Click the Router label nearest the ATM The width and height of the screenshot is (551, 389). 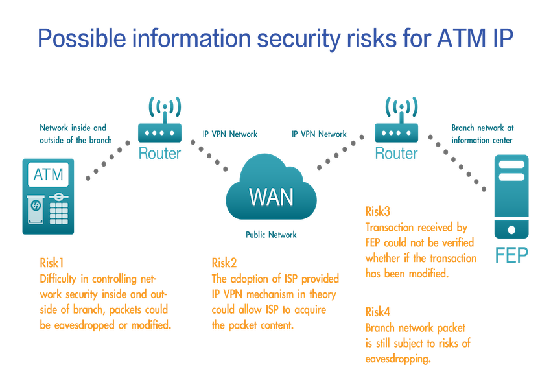159,154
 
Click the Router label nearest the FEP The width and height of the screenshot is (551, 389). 396,154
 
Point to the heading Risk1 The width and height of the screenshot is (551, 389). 51,263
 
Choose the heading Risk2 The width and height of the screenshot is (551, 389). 224,263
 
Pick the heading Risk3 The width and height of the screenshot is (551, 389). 378,211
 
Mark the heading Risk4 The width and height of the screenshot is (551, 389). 378,312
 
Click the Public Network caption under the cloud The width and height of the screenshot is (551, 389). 270,235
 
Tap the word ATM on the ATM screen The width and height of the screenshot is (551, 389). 48,174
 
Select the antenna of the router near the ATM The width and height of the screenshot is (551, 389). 159,107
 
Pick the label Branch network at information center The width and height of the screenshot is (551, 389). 482,133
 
